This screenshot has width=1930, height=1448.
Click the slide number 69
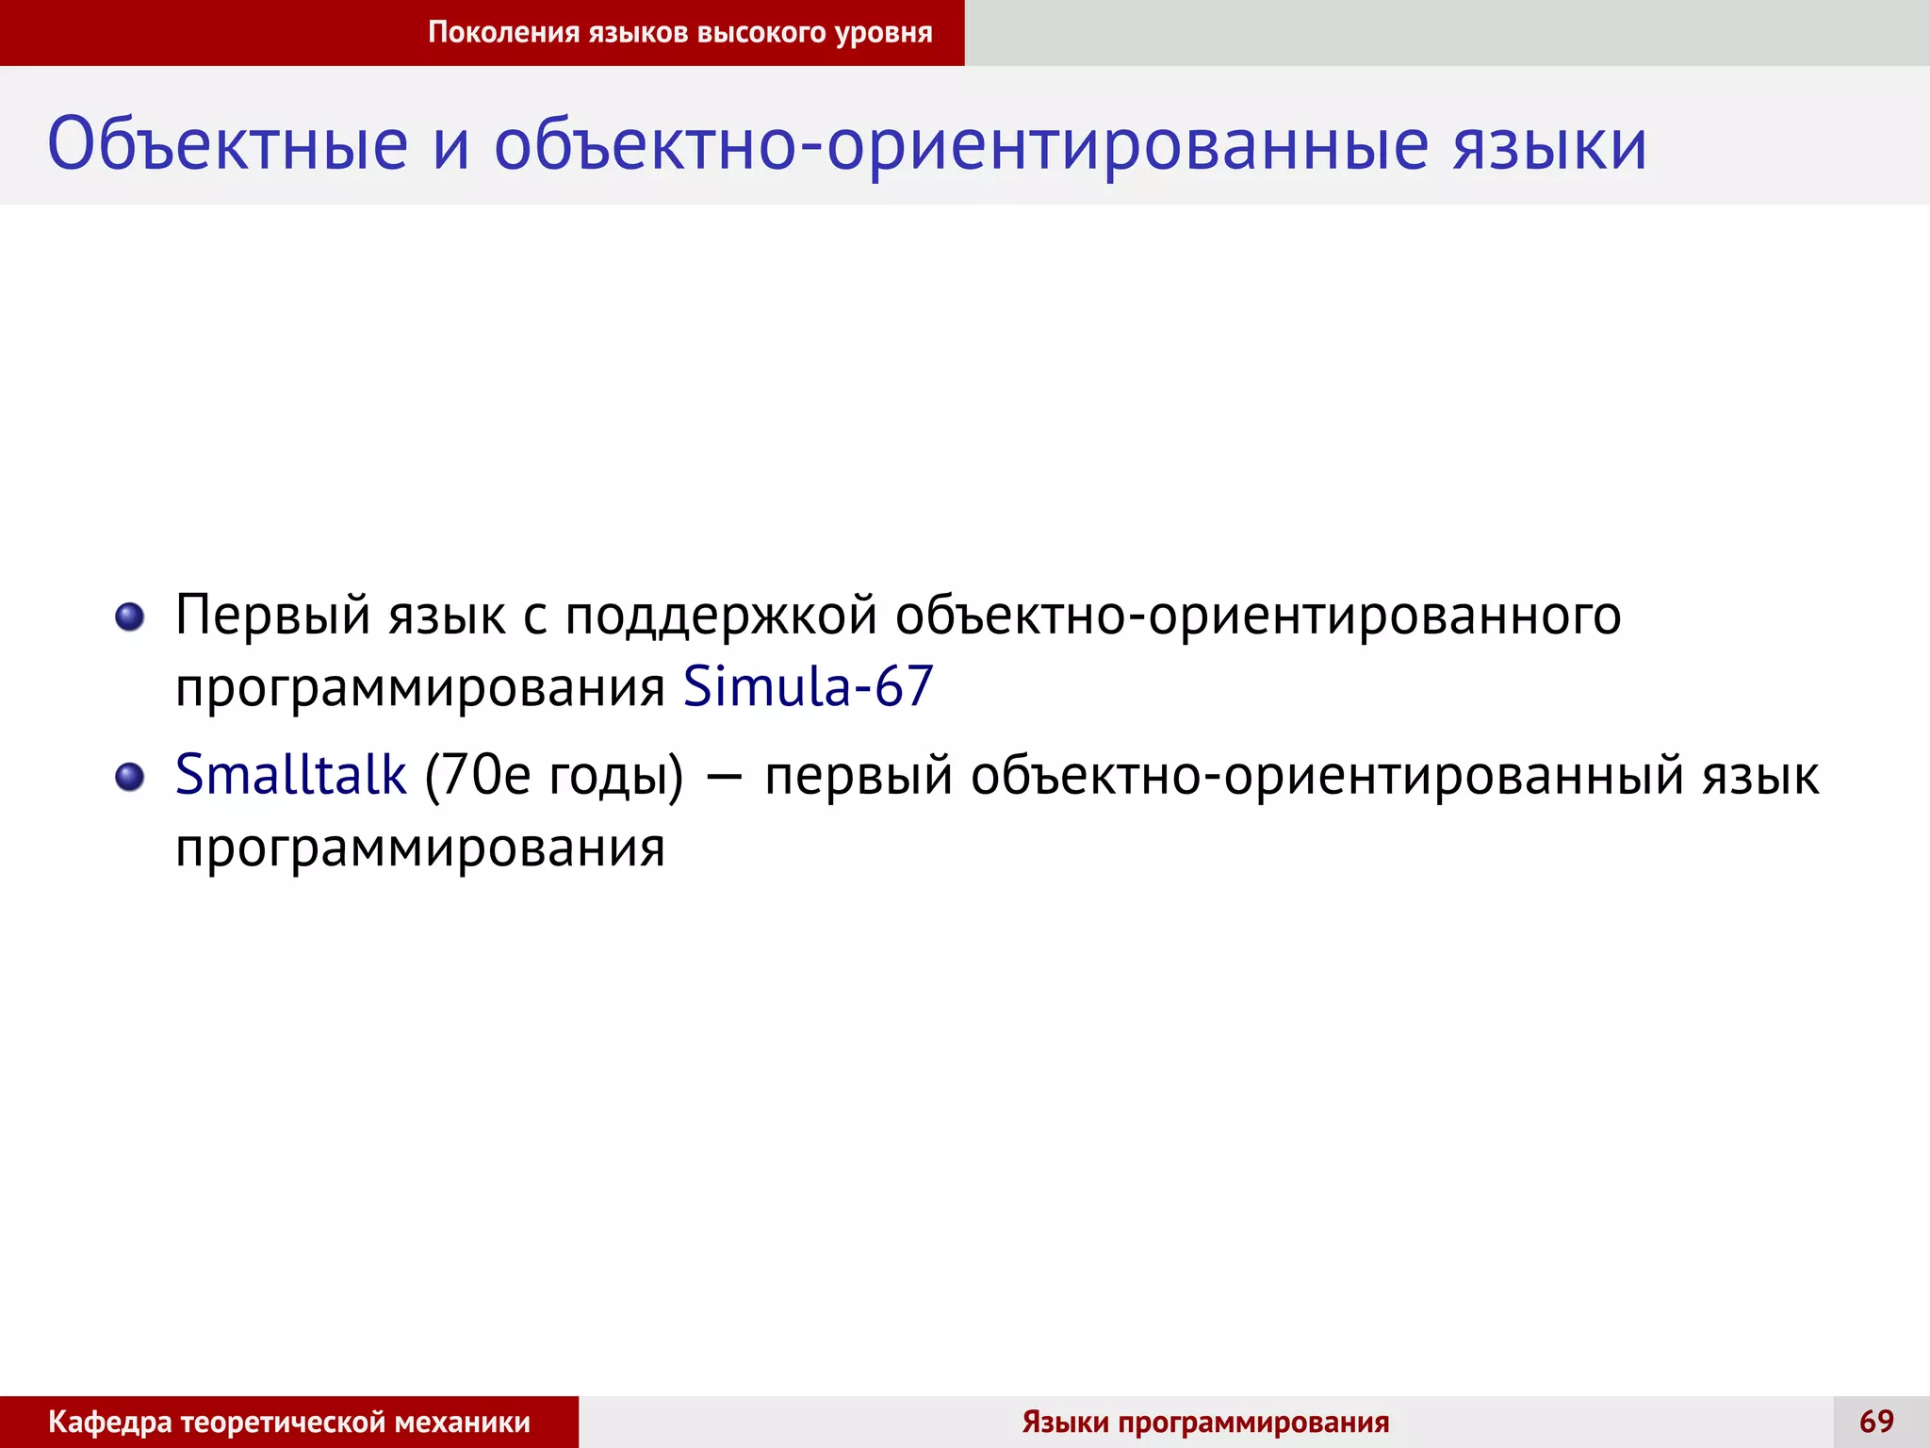click(1876, 1421)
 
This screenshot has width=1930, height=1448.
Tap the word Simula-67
click(808, 686)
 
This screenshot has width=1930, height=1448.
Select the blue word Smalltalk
click(290, 775)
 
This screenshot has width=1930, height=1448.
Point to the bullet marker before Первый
click(129, 617)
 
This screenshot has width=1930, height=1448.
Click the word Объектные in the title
click(228, 145)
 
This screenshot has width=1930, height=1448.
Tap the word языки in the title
click(1549, 145)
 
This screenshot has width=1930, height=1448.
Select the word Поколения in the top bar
click(503, 32)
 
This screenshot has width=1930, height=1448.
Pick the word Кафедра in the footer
click(110, 1422)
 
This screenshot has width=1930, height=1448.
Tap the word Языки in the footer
click(1065, 1422)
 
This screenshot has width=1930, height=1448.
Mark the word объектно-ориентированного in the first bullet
click(1258, 617)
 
